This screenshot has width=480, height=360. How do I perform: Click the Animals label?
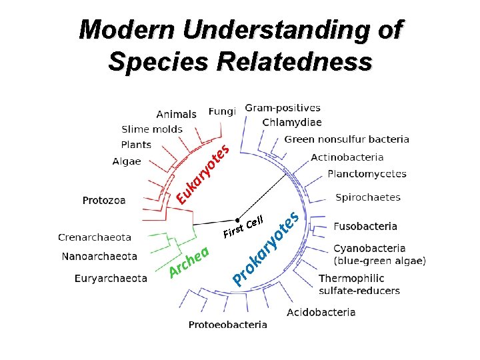176,115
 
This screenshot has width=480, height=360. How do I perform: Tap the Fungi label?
222,111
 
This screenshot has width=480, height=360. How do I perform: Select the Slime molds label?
152,129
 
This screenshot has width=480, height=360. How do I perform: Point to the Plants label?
136,145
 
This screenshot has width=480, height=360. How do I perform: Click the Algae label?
127,161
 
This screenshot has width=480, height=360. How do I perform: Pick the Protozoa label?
104,200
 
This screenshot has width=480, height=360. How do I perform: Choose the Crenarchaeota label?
95,237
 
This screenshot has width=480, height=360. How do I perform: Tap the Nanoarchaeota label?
99,256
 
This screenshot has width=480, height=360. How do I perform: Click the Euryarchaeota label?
111,278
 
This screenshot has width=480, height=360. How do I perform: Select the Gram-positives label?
283,107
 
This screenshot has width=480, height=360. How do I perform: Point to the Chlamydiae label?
292,123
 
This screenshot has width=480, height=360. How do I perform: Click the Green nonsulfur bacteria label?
347,139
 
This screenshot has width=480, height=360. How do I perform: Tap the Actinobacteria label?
347,157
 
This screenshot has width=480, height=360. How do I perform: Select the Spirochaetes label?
368,197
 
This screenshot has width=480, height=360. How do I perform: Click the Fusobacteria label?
365,226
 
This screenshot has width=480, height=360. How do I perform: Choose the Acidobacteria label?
321,312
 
